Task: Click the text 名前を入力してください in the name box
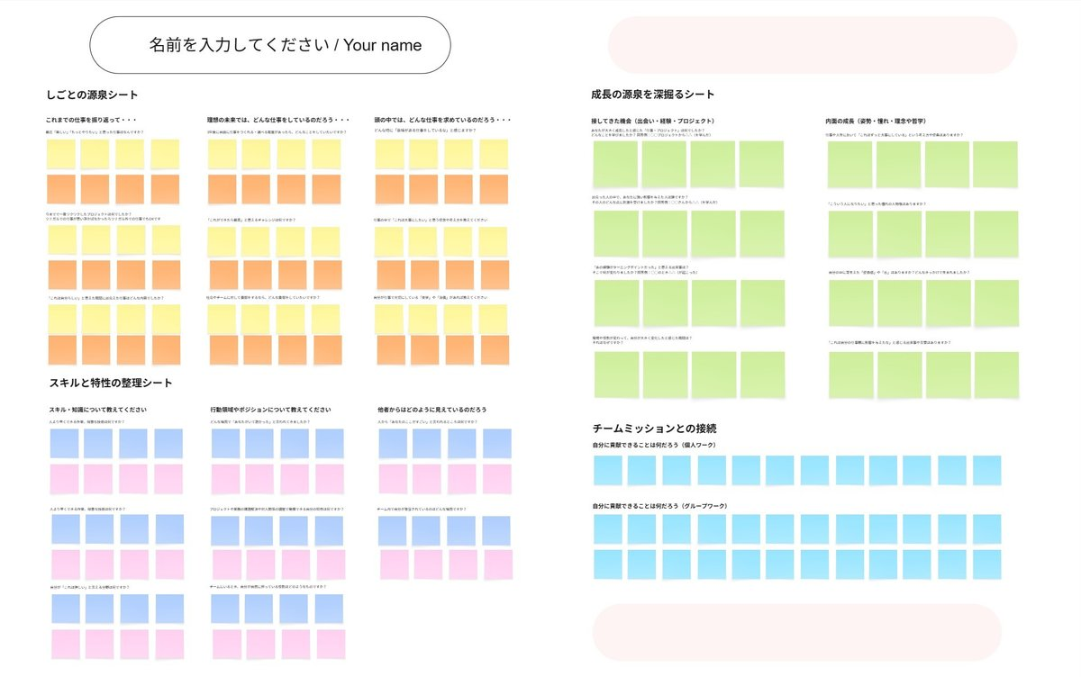click(239, 45)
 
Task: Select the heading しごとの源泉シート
click(92, 95)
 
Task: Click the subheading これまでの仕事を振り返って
click(91, 120)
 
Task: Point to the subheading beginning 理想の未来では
click(277, 120)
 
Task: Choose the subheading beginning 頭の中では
click(443, 120)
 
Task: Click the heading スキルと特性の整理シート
click(110, 383)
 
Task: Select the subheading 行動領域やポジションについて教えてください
click(270, 410)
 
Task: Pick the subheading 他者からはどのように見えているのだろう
click(432, 410)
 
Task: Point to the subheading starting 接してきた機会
click(653, 121)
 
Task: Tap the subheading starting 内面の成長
click(876, 121)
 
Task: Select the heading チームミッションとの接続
click(655, 429)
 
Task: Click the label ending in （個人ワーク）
click(653, 446)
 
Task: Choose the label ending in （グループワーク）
click(659, 506)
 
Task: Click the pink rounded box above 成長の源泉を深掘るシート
click(813, 45)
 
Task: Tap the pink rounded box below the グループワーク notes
click(796, 631)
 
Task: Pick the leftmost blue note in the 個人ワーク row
click(608, 470)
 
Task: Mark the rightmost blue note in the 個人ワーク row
click(986, 470)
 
